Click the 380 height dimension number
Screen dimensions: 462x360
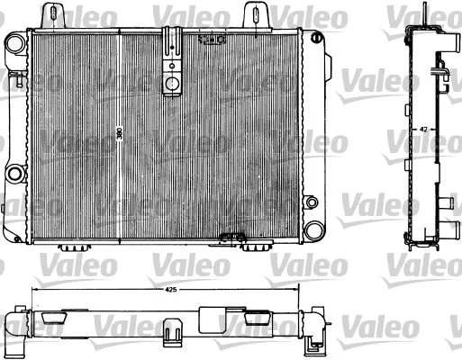coord(120,134)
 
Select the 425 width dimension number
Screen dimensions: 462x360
coord(170,290)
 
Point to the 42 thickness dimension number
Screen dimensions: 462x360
coord(423,130)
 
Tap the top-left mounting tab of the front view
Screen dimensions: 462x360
coord(53,15)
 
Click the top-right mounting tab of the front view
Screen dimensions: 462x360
coord(255,14)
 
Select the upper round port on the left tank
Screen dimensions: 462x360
coord(15,43)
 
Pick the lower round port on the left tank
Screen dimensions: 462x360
coord(14,174)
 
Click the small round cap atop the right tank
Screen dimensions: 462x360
coord(315,38)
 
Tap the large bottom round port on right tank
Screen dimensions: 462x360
coord(314,230)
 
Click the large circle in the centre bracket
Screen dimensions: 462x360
coord(172,83)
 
